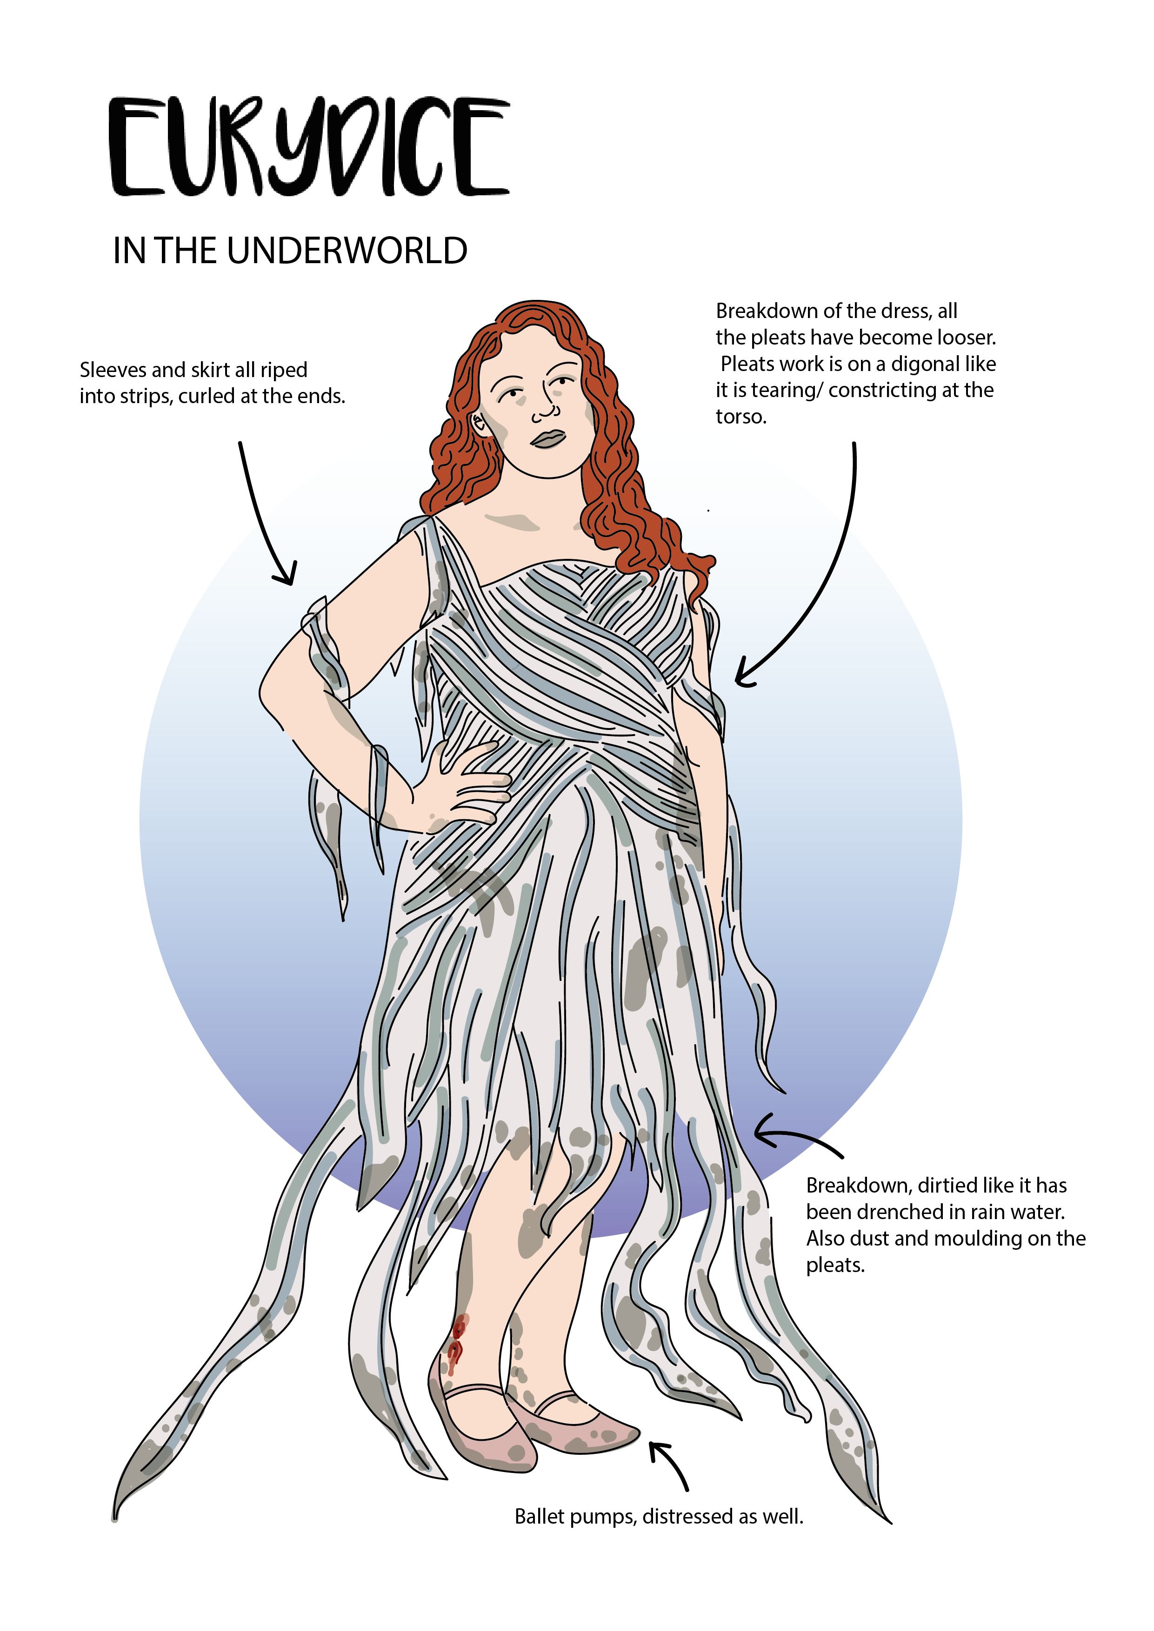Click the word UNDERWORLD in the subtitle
347,251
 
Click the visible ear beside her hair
479,424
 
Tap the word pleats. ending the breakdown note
835,1265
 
